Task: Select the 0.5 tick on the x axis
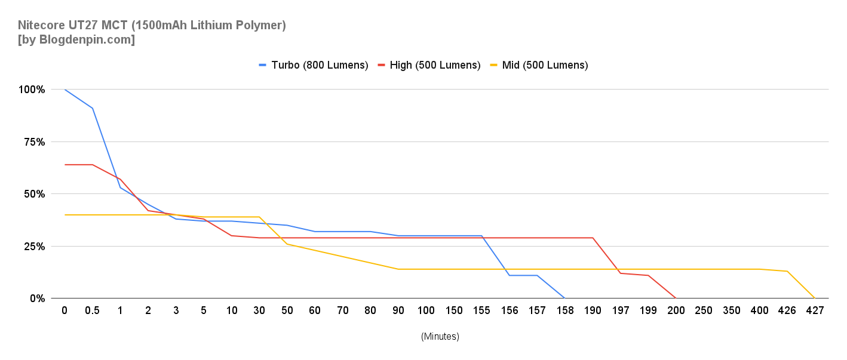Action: [92, 311]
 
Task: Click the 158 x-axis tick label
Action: [564, 311]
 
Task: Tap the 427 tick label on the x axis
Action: [815, 311]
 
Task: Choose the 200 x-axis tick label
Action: [676, 311]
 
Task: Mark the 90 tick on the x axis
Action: [398, 311]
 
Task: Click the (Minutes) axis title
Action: [440, 337]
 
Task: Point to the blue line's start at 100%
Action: [65, 90]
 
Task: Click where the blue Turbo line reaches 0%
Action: [564, 298]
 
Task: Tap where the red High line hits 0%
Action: [676, 298]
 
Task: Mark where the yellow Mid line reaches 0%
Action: [815, 298]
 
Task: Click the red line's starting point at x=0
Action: [65, 164]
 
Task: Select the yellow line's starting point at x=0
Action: [65, 214]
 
